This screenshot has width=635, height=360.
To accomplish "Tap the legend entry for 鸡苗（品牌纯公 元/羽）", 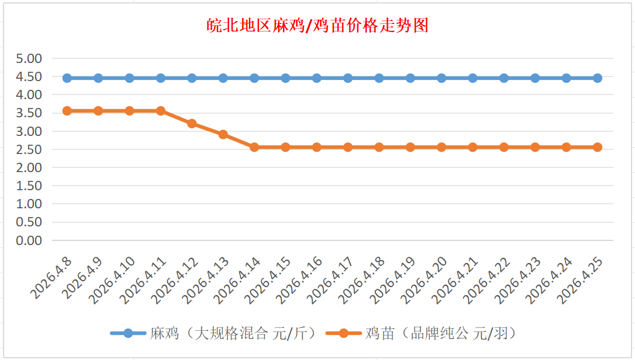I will coord(440,333).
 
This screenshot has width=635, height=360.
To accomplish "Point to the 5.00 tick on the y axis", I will coord(29,58).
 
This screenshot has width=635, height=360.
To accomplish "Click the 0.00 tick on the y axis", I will coord(29,240).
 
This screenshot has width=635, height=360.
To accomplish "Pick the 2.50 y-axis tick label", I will coord(29,149).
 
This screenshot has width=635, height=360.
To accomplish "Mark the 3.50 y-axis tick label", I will coord(29,113).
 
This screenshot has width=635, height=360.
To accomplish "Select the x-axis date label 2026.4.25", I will coord(581,280).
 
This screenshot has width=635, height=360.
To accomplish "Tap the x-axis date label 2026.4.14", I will coord(237,280).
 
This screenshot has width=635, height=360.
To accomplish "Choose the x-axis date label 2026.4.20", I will coord(424,280).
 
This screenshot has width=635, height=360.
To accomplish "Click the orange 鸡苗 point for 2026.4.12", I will coord(192,124).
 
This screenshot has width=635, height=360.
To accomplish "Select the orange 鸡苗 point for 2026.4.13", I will coord(223,135).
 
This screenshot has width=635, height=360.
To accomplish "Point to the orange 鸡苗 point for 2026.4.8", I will coord(67,111).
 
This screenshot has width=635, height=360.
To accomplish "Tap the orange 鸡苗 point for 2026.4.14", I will coord(254,147).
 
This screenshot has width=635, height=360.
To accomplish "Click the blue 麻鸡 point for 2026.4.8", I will coord(67,78).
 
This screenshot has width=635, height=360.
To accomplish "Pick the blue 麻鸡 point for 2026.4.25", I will coord(598,78).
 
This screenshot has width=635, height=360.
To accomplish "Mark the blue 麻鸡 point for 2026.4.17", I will coord(348,78).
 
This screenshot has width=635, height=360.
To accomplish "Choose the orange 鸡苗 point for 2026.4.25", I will coord(598,147).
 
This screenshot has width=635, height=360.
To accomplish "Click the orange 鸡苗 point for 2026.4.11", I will coord(161,111).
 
